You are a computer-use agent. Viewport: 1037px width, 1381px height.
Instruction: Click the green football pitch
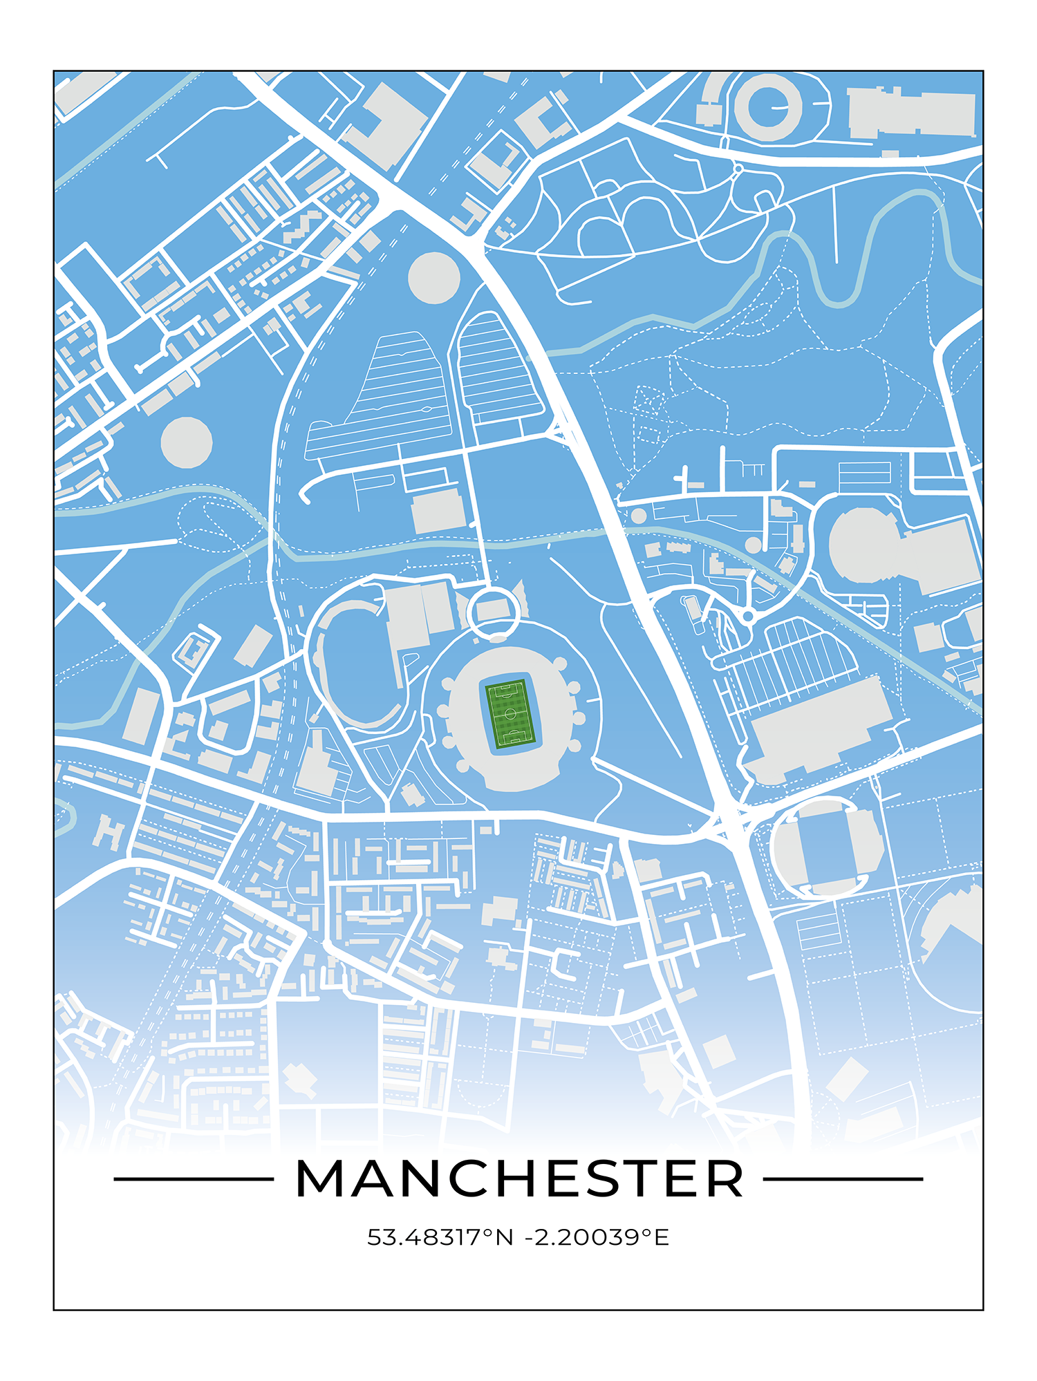click(x=510, y=714)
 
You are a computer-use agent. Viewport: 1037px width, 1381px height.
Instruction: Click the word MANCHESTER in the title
click(x=519, y=1179)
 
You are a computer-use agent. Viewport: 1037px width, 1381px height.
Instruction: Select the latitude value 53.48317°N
click(x=440, y=1237)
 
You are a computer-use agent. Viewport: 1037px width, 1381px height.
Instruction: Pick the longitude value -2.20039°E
click(x=597, y=1237)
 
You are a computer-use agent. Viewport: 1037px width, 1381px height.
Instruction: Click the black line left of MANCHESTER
click(x=194, y=1179)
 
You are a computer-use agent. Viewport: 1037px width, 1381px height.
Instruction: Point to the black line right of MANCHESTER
click(x=843, y=1179)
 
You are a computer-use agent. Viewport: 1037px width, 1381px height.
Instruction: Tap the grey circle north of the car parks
click(x=434, y=277)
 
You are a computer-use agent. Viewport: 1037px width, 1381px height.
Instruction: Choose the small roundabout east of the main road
click(x=747, y=616)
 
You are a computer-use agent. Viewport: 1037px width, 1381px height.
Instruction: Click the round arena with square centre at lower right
click(x=827, y=849)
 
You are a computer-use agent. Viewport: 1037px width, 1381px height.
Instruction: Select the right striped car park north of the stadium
click(x=495, y=370)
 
